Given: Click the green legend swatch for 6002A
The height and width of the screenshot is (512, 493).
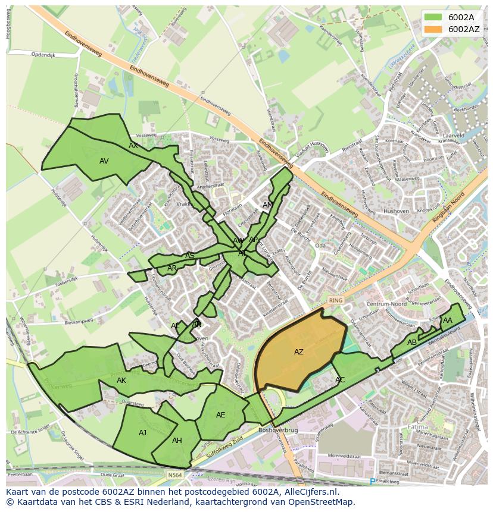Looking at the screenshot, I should pyautogui.click(x=433, y=17).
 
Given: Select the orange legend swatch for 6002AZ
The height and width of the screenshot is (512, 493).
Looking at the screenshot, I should pyautogui.click(x=433, y=29).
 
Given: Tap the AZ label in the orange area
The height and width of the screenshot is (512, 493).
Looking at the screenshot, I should pyautogui.click(x=299, y=352).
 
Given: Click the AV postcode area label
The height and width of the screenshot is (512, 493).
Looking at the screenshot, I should pyautogui.click(x=104, y=161).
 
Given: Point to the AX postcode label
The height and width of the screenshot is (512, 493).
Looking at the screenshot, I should pyautogui.click(x=133, y=146).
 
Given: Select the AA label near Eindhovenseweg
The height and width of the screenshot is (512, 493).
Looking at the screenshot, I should pyautogui.click(x=448, y=321).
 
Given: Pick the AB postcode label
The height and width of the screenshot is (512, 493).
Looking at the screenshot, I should pyautogui.click(x=412, y=343).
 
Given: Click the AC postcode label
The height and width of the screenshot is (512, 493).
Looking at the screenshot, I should pyautogui.click(x=340, y=380).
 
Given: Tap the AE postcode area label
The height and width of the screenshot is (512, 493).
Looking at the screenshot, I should pyautogui.click(x=221, y=415).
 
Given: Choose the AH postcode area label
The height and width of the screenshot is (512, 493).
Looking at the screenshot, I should pyautogui.click(x=177, y=441).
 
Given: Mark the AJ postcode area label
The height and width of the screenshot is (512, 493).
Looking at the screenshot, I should pyautogui.click(x=142, y=433).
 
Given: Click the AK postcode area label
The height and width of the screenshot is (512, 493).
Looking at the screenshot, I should pyautogui.click(x=121, y=381).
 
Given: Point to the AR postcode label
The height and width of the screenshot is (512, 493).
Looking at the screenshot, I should pyautogui.click(x=172, y=268).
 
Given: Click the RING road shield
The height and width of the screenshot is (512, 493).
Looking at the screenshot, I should pyautogui.click(x=336, y=300).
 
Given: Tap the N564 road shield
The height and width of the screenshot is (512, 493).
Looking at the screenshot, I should pyautogui.click(x=175, y=475).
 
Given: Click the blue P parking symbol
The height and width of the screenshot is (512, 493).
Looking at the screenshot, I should pyautogui.click(x=373, y=481).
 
